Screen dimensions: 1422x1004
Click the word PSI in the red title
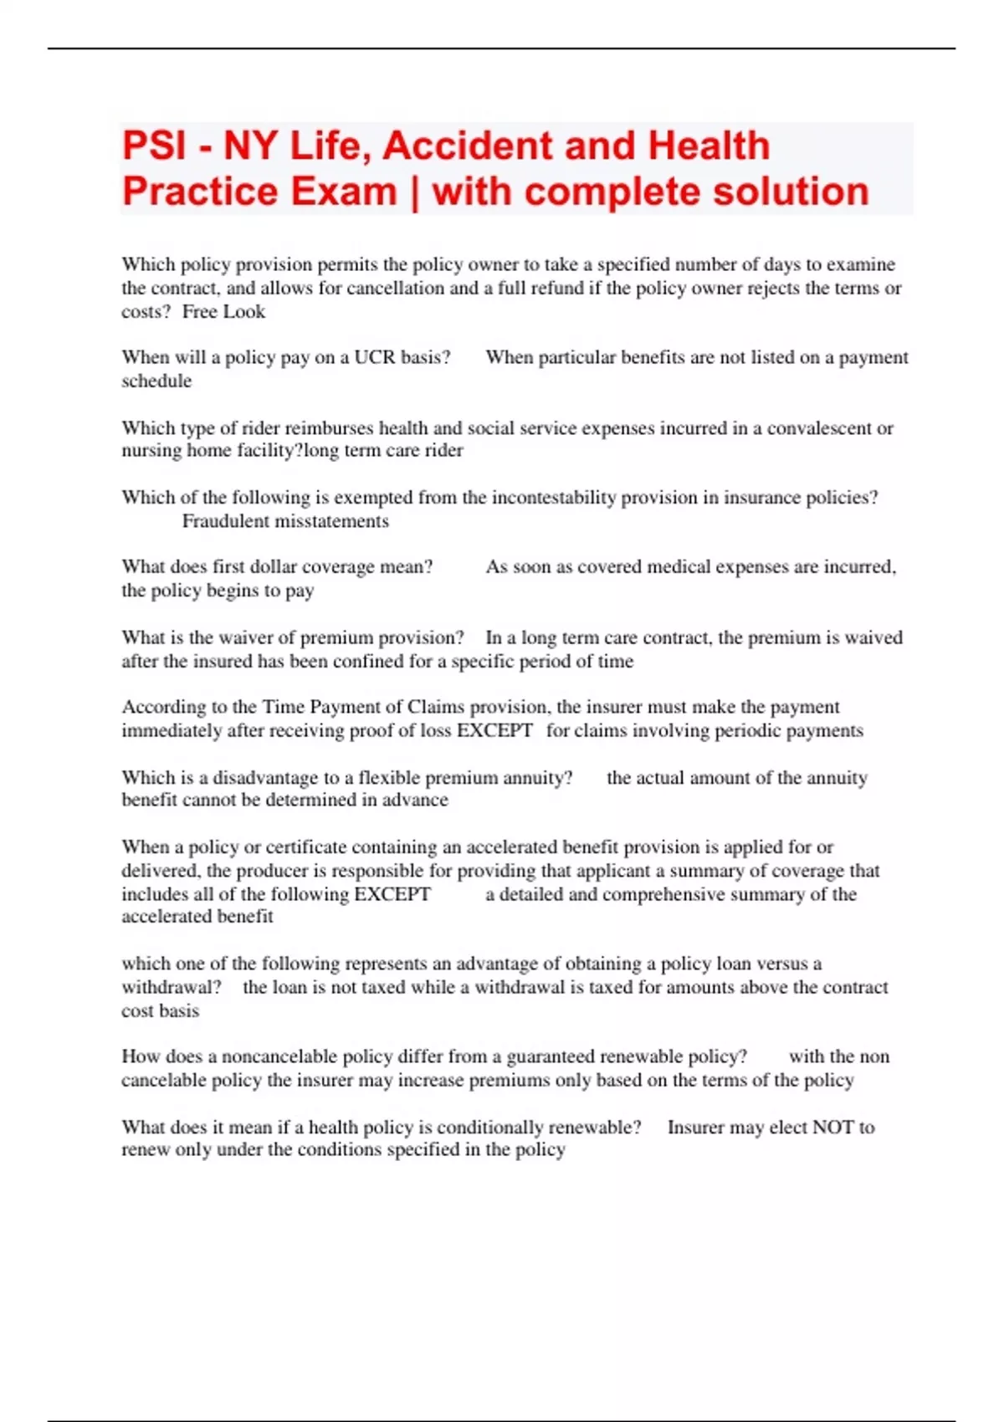[x=154, y=146]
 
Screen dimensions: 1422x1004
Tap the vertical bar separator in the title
[x=414, y=192]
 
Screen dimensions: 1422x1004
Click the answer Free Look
[x=223, y=312]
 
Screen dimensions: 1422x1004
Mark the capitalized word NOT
[x=832, y=1128]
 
